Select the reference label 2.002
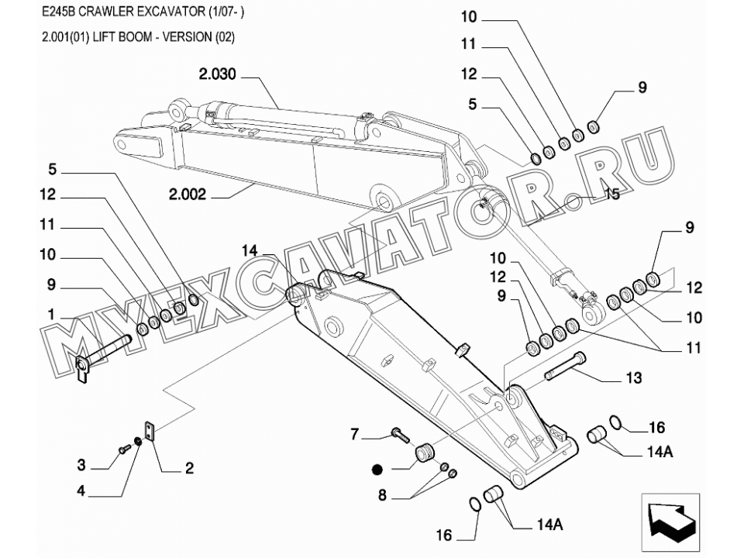[x=188, y=195]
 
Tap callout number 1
[x=51, y=315]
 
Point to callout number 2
[x=188, y=468]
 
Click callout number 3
[x=81, y=465]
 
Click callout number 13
[x=634, y=378]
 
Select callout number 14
[x=249, y=250]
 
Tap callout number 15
[x=612, y=194]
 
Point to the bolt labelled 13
[x=566, y=367]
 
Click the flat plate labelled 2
[x=150, y=431]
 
